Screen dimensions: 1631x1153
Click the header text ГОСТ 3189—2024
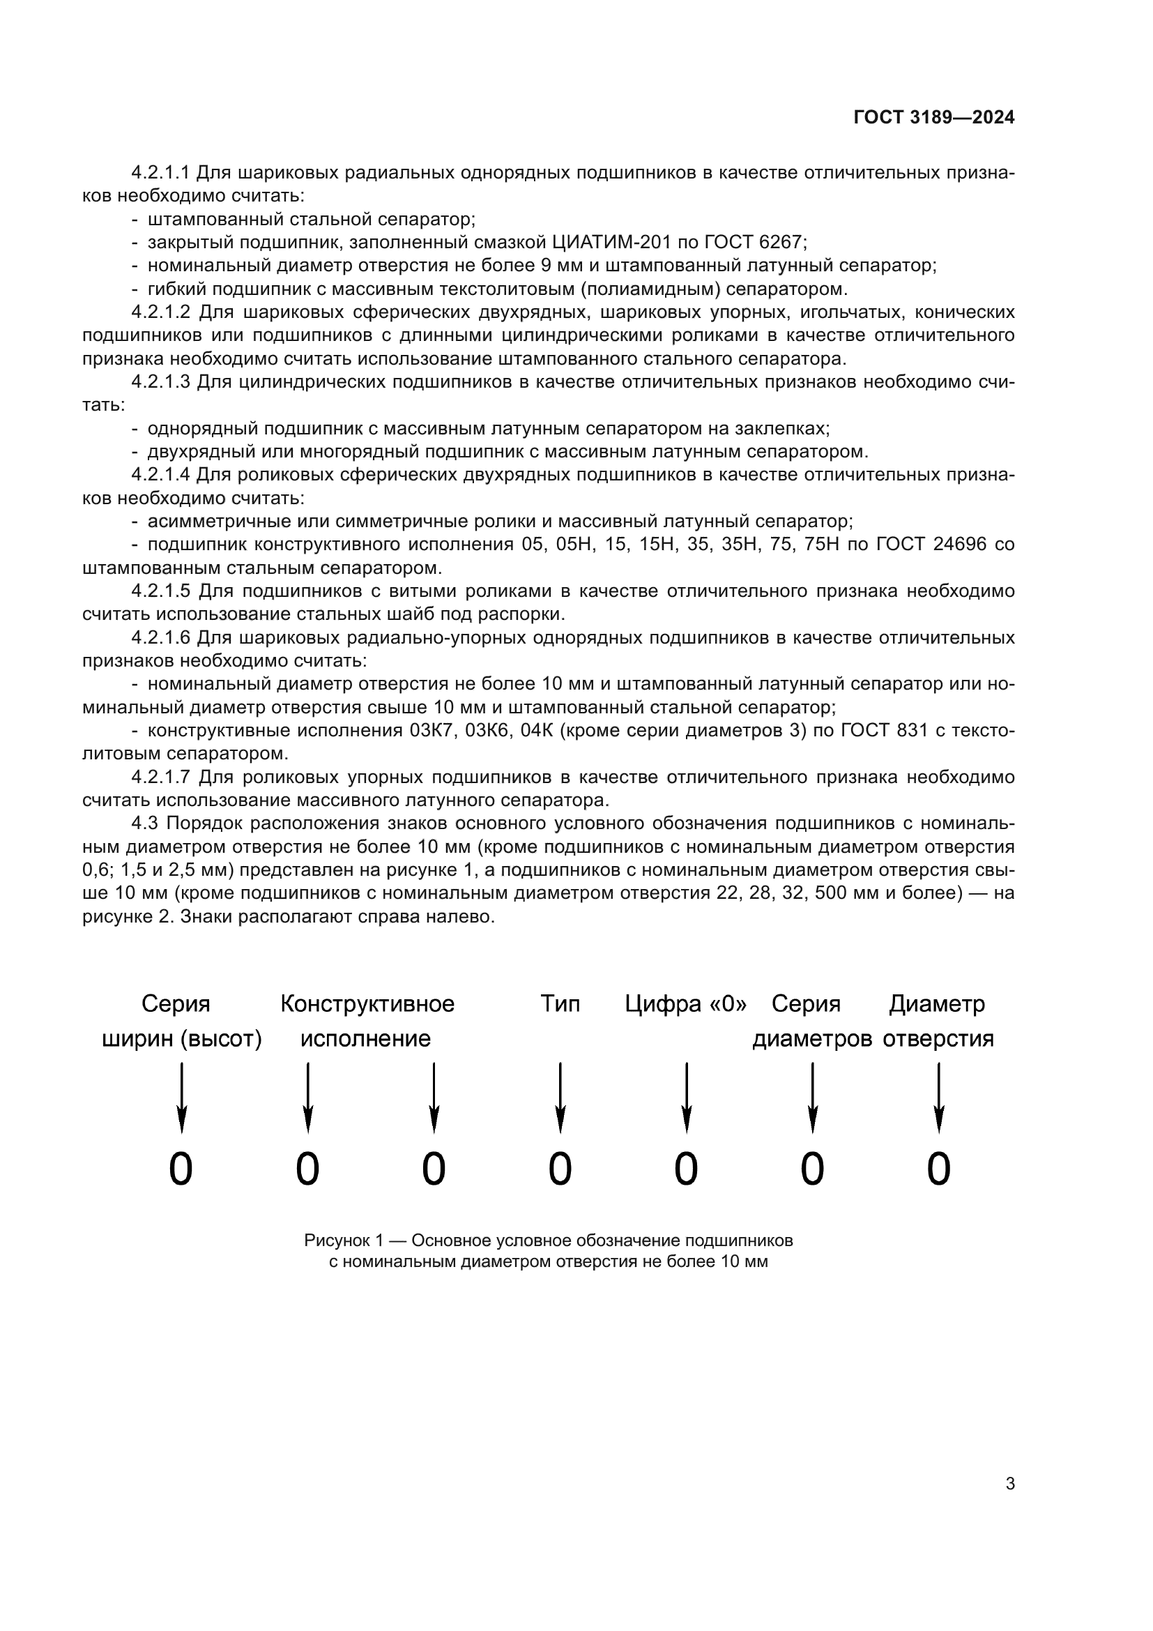point(933,118)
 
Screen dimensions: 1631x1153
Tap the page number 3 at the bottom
point(1009,1483)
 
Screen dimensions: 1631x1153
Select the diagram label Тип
point(560,1003)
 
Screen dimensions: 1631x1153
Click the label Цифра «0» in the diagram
point(686,1003)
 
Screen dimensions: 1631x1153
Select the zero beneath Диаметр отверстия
point(938,1169)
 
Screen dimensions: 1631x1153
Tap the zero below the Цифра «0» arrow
point(686,1169)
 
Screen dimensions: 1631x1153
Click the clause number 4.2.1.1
point(160,173)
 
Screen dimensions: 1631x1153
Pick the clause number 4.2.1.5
point(160,591)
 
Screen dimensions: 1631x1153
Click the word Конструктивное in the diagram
point(367,1003)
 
